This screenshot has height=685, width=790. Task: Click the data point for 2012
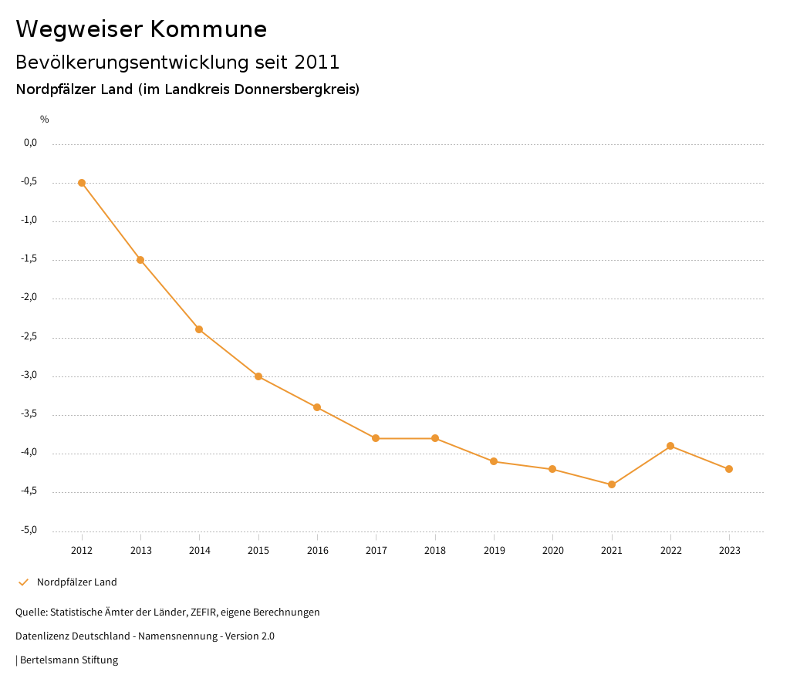coord(82,183)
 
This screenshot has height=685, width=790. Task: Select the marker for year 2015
coord(258,376)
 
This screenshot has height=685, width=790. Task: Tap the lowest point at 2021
coord(612,484)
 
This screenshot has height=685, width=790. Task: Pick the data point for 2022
coord(670,446)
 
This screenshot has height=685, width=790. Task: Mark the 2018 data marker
coord(435,438)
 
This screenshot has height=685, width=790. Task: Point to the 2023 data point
coord(729,469)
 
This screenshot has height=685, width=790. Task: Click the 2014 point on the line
coord(199,329)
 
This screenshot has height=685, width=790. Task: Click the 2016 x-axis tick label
coord(317,550)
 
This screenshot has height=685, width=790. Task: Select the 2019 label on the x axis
coord(494,550)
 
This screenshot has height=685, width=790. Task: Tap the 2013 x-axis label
coord(140,550)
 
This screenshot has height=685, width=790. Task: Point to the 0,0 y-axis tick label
coord(30,143)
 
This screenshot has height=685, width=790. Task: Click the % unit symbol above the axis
coord(45,120)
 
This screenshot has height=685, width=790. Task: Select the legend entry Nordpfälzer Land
coord(76,582)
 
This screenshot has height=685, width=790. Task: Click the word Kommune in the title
coord(208,29)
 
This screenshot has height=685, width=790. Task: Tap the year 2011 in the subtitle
coord(317,62)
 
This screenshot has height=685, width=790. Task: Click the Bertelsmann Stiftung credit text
coord(69,660)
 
